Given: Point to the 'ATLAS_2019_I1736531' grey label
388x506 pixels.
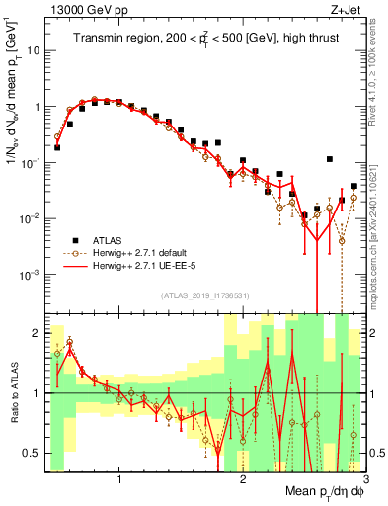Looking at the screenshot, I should (204, 295).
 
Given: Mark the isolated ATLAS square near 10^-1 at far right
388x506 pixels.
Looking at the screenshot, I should (329, 159).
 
